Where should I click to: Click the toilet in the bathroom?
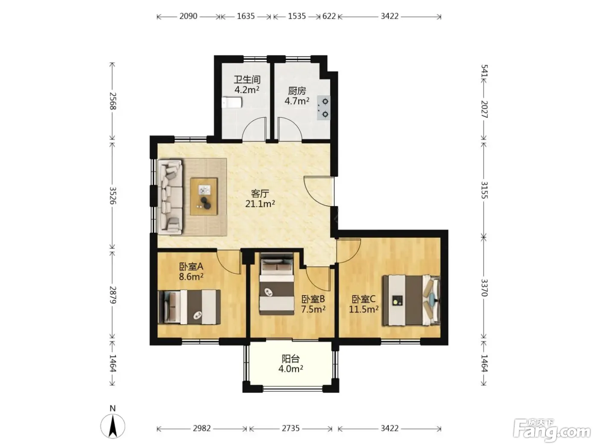232,102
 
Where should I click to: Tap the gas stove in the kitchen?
324,108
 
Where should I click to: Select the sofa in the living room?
170,197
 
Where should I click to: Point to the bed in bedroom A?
189,307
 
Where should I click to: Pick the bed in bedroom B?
277,284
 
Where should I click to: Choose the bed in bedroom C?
411,300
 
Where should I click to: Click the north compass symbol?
113,426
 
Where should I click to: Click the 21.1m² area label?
260,204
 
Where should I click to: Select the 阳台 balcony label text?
291,359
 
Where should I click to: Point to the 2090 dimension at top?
188,16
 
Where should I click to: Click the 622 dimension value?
329,16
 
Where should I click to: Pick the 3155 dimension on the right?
484,190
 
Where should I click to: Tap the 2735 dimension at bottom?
291,428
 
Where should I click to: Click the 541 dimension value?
484,71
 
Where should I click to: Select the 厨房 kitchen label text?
297,91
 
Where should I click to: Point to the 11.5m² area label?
363,309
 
